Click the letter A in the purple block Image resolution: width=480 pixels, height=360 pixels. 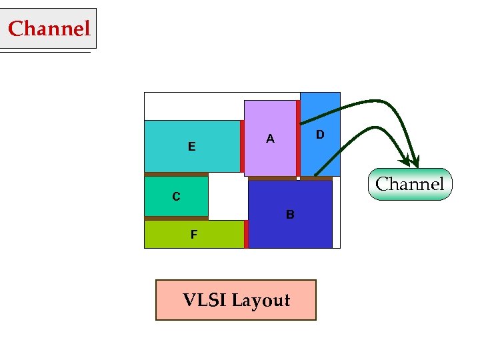(x=270, y=139)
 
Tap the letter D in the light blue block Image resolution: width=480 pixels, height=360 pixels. (x=320, y=135)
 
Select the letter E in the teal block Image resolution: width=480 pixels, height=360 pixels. (x=192, y=147)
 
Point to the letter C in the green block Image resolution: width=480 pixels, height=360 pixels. (x=176, y=197)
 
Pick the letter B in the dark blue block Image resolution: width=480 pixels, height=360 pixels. (x=290, y=215)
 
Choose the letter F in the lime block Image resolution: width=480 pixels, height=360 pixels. (x=194, y=235)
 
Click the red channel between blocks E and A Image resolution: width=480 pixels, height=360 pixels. (x=242, y=147)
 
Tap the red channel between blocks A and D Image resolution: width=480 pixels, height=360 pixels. (x=298, y=138)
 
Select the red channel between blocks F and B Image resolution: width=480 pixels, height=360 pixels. (x=246, y=234)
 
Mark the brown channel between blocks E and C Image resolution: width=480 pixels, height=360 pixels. (x=177, y=174)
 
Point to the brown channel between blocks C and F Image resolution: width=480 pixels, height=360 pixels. (x=177, y=218)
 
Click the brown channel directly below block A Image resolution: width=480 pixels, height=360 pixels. (x=272, y=178)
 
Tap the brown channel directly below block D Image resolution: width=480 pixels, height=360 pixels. (x=316, y=178)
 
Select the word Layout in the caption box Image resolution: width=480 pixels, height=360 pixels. (x=261, y=301)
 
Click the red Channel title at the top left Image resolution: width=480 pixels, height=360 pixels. (x=49, y=29)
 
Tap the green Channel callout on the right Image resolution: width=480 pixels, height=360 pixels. (x=409, y=184)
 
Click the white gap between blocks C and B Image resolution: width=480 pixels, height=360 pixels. (x=228, y=197)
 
